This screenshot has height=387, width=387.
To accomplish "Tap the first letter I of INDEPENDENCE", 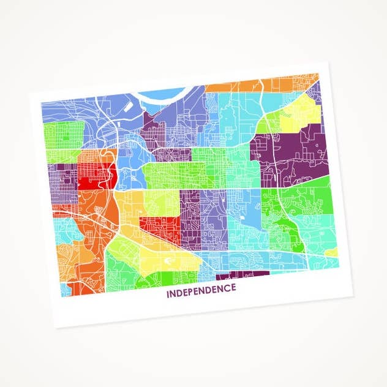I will tap(167, 293).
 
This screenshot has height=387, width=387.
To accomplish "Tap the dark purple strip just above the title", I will tap(242, 275).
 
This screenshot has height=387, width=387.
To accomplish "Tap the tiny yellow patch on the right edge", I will tap(331, 252).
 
